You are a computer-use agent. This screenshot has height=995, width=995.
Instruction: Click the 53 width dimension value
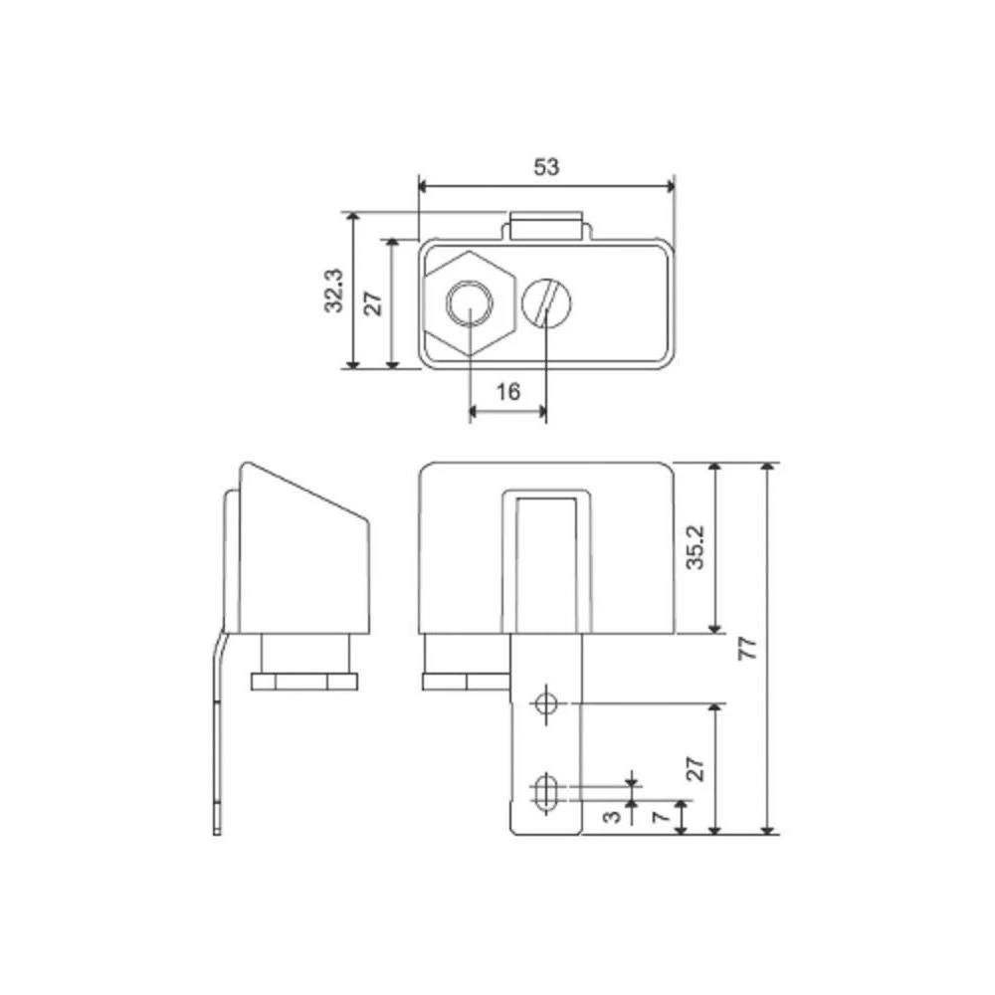coord(546,166)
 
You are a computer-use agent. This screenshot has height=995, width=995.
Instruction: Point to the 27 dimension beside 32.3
coord(373,303)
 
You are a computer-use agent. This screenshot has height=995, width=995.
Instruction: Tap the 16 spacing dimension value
coord(507,391)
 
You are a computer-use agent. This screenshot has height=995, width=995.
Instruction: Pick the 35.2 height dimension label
coord(696,547)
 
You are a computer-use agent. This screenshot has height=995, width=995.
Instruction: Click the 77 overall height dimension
coord(749,649)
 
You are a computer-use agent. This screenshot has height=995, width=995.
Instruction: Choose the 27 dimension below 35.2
coord(696,768)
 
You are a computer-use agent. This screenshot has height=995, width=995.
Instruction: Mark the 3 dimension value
coord(614,817)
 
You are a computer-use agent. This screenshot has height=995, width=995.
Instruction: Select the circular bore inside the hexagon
coord(469,302)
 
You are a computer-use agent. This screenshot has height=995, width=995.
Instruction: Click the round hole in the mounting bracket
coord(544,703)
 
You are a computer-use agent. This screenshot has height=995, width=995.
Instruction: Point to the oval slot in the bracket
coord(545,793)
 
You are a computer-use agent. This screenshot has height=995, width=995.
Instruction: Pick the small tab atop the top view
coord(546,224)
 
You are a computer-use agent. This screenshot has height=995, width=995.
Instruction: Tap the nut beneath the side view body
coord(304,682)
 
